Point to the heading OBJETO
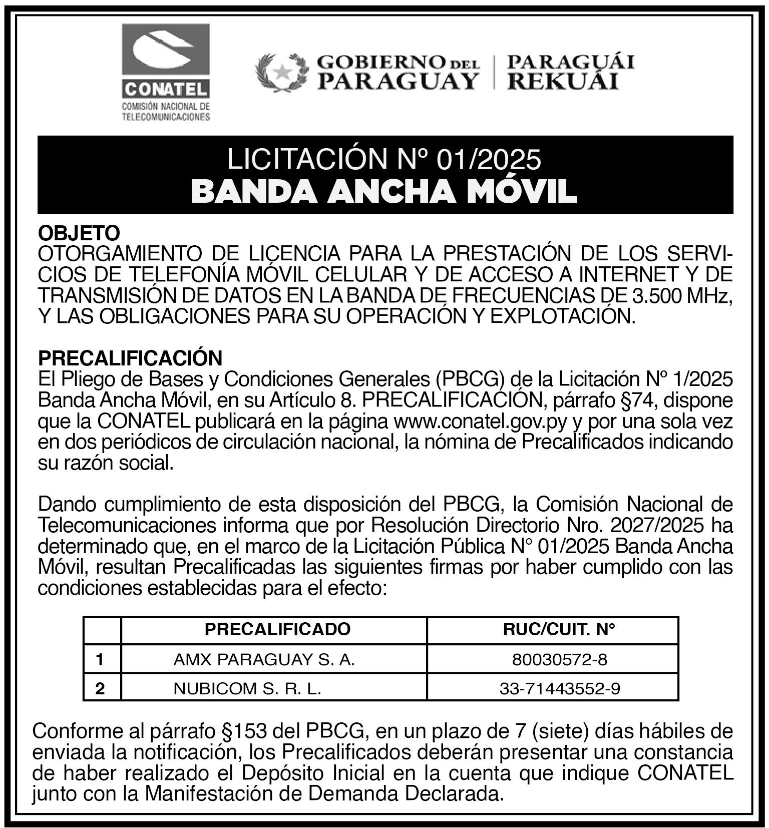tap(80, 233)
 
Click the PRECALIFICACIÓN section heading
tap(130, 358)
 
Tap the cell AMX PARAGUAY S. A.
tap(264, 659)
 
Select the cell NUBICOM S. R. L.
tap(247, 689)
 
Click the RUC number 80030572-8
tap(559, 659)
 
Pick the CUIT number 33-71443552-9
tap(559, 689)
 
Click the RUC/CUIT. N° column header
tap(559, 629)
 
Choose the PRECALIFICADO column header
tap(277, 629)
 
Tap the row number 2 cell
tap(100, 689)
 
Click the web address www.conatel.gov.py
tap(481, 422)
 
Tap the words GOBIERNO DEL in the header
tap(398, 63)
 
